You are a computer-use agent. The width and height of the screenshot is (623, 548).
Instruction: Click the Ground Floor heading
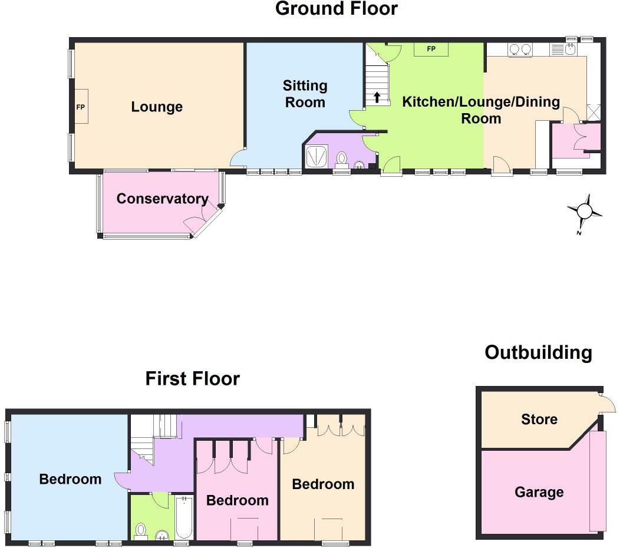(x=337, y=9)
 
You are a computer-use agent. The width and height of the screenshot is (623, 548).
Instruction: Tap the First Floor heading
(x=192, y=378)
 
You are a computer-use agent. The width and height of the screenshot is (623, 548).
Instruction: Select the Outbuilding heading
(x=538, y=352)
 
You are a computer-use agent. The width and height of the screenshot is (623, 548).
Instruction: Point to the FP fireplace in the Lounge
(x=81, y=107)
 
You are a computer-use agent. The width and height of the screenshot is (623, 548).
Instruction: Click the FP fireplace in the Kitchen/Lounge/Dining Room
(x=431, y=49)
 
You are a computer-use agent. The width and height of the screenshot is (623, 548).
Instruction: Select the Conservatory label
(x=162, y=199)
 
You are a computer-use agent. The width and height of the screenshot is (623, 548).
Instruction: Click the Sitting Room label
(x=305, y=94)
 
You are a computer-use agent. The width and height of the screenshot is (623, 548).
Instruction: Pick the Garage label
(x=539, y=492)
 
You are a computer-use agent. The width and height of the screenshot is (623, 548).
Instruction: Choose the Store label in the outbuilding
(x=539, y=419)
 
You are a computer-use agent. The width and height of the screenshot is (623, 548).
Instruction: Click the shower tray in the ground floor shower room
(x=318, y=156)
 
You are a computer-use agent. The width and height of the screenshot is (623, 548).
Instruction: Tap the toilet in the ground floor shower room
(x=342, y=159)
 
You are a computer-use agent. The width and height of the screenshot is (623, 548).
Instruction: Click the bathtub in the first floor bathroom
(x=184, y=517)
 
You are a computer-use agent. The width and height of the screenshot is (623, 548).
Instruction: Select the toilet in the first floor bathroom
(x=141, y=531)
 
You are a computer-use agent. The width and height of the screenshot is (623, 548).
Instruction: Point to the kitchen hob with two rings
(x=519, y=49)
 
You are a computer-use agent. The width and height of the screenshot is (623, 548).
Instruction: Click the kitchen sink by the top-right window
(x=570, y=49)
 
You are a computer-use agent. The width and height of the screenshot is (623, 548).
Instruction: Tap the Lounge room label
(x=157, y=107)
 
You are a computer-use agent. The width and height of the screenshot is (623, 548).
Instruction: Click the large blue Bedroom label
(x=70, y=479)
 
